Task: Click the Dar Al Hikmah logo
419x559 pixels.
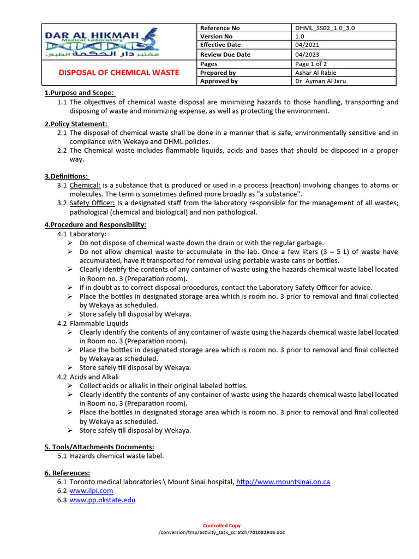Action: coord(102,44)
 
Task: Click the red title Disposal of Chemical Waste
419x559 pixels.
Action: coord(119,73)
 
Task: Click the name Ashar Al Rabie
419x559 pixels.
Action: coord(316,73)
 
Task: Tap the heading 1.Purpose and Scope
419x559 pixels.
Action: coord(79,93)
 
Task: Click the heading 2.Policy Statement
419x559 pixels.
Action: coord(76,124)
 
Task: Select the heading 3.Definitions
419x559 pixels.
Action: coord(66,176)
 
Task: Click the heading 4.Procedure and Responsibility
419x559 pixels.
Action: coord(95,225)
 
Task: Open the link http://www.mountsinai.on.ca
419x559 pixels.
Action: coord(283,482)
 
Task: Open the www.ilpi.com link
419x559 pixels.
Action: coord(91,491)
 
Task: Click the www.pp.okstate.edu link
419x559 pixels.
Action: coord(102,499)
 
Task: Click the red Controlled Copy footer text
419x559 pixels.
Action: coord(222,526)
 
